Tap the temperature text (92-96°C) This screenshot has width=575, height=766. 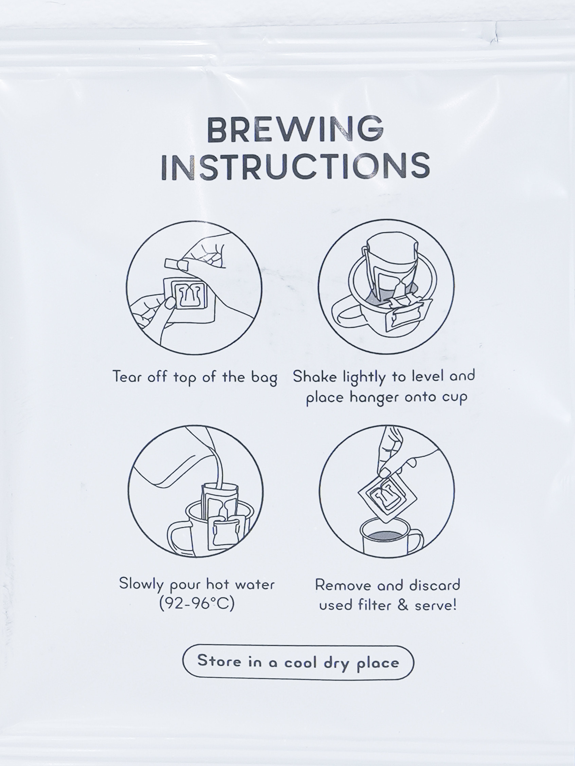click(197, 604)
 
